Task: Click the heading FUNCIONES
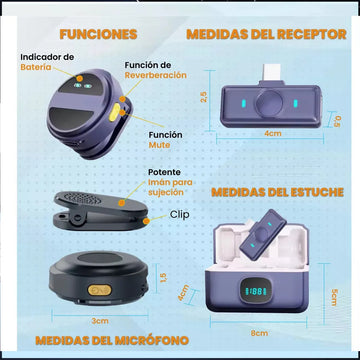point(98,34)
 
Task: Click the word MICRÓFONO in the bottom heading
point(152,340)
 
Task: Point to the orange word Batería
point(36,67)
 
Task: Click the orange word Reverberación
point(156,75)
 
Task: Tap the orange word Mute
point(159,145)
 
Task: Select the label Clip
point(179,214)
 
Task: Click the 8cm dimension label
point(259,333)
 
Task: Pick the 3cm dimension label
point(100,321)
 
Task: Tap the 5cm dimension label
point(334,298)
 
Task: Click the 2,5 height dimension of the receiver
point(204,97)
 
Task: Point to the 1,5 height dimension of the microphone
point(163,277)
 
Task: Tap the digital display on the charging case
point(254,291)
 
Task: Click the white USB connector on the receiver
point(271,73)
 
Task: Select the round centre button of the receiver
point(269,104)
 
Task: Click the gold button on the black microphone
point(99,290)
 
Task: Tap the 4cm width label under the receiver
point(273,133)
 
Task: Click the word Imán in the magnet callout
point(160,182)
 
